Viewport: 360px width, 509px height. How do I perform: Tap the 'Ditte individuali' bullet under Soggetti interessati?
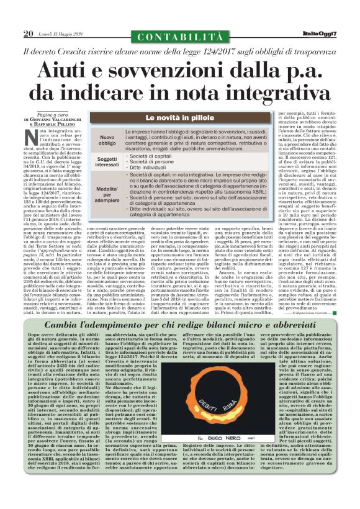click(151, 169)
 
